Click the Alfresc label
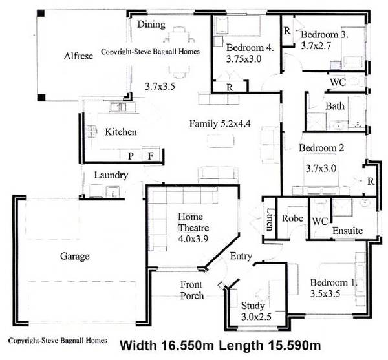(78, 56)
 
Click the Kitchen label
(121, 132)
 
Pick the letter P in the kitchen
(130, 156)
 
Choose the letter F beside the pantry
(150, 156)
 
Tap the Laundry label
(111, 175)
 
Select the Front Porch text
(192, 290)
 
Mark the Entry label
(241, 257)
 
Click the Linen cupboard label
(270, 221)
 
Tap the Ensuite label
(347, 230)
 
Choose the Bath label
(335, 106)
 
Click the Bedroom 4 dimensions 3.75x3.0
(245, 59)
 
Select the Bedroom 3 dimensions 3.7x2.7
(325, 46)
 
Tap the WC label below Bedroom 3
(338, 83)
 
